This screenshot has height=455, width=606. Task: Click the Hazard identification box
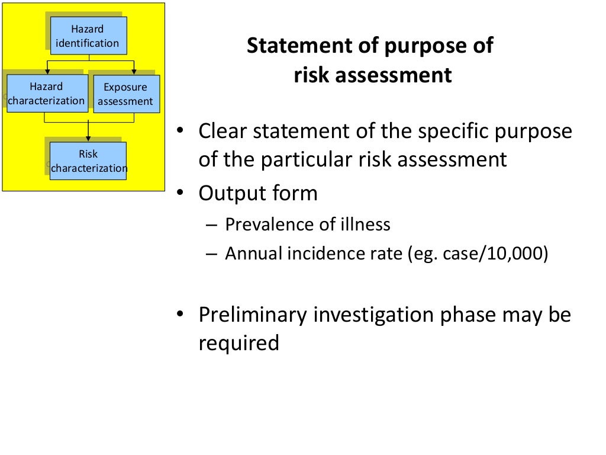click(x=88, y=36)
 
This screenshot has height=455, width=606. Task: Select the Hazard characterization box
click(x=47, y=94)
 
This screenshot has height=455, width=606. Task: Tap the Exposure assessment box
click(x=125, y=94)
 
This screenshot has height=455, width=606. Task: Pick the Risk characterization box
click(x=88, y=161)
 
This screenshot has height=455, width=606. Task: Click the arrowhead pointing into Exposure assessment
click(x=134, y=72)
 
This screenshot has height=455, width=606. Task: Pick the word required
click(x=238, y=343)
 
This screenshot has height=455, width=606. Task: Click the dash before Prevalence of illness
click(x=212, y=225)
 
